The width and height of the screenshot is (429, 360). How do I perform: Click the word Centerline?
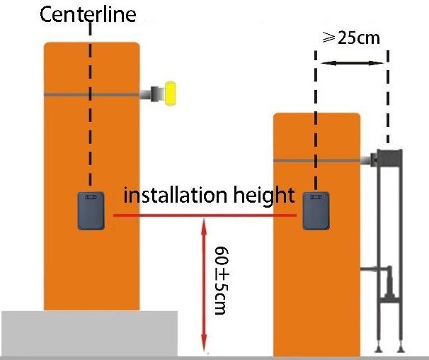88,14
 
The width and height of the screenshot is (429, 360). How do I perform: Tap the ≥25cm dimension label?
351,38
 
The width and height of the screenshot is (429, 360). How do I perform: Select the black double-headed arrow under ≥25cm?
352,64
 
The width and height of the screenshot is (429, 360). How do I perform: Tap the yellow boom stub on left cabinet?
170,93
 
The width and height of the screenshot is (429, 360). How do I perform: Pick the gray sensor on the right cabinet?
316,209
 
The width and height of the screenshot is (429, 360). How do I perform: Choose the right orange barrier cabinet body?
318,283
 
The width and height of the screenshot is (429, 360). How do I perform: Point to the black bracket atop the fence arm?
389,157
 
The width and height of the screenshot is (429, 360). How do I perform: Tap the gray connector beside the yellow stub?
150,93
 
